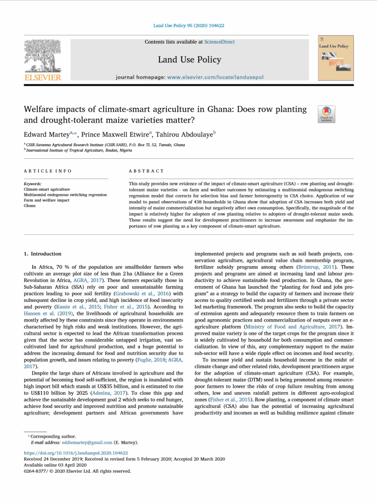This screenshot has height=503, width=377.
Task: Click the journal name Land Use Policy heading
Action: [189, 60]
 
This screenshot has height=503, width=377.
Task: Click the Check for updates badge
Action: [326, 114]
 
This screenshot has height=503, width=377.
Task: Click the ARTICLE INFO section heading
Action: [48, 171]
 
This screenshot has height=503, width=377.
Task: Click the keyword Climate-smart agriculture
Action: [47, 189]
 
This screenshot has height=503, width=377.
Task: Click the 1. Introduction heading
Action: [43, 253]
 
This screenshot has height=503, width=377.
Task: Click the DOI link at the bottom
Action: [76, 453]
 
